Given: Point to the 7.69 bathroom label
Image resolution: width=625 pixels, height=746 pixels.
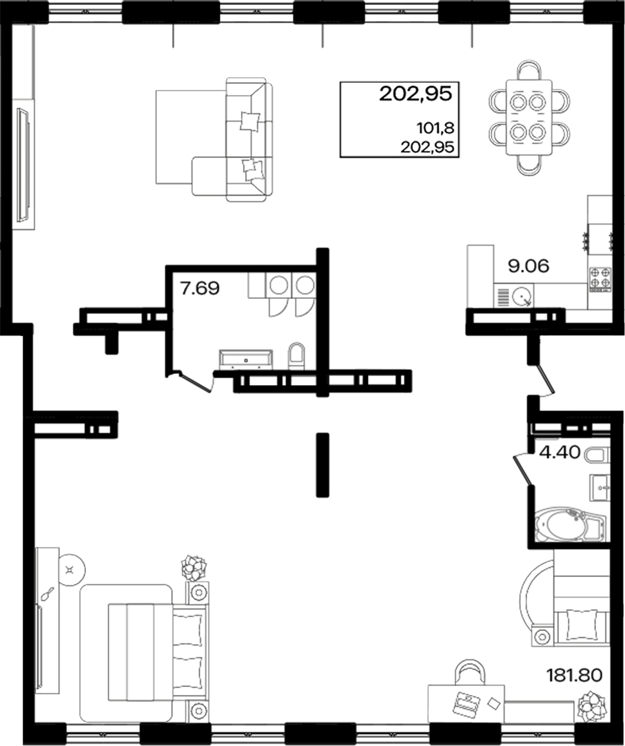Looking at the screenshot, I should pyautogui.click(x=200, y=288).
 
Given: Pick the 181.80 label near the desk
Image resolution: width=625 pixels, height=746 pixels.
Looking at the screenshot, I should pyautogui.click(x=574, y=673).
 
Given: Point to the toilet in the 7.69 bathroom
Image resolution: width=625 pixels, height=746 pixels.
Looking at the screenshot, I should pyautogui.click(x=296, y=355).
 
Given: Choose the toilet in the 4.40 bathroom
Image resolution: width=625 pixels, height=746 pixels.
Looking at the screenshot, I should pyautogui.click(x=595, y=455).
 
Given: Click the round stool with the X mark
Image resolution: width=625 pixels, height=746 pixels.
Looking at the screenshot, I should pyautogui.click(x=71, y=569).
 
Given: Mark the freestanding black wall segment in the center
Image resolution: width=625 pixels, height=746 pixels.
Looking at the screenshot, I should pyautogui.click(x=320, y=464).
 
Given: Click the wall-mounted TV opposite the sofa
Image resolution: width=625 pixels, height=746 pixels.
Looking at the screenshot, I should pyautogui.click(x=23, y=165).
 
